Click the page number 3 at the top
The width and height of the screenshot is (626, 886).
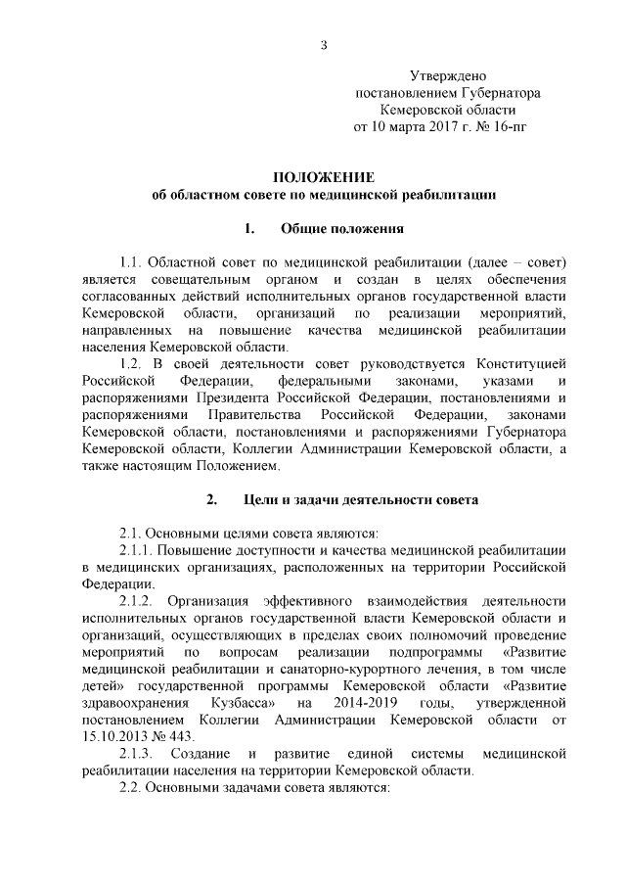coord(324,43)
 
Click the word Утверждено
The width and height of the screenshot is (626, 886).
coord(447,75)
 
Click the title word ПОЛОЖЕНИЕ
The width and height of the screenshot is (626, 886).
coord(324,177)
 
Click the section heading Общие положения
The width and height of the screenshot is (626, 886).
coord(343,229)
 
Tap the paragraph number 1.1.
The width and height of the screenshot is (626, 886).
coord(132,263)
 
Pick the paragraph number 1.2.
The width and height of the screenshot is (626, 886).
coord(132,364)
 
